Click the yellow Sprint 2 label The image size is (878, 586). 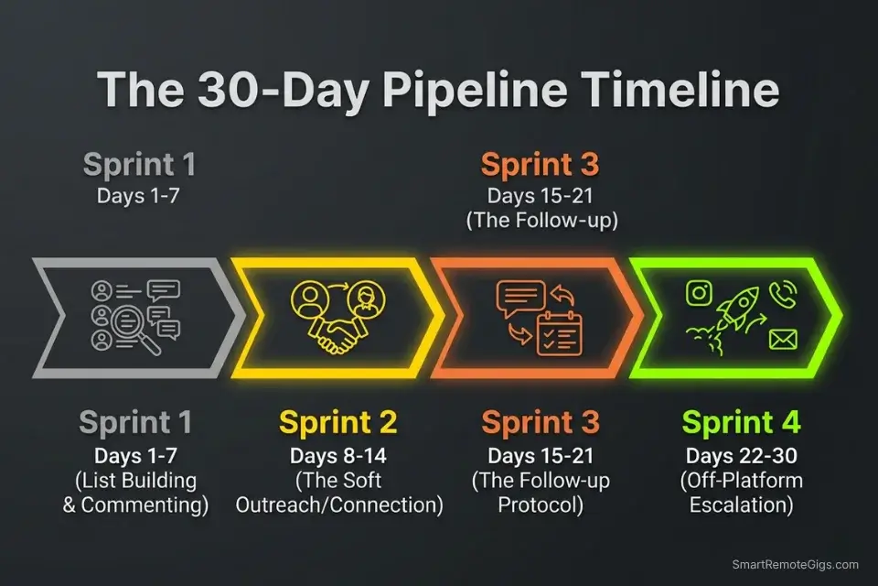[x=338, y=423]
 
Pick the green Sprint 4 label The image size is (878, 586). [x=741, y=423]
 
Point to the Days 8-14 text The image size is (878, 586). [x=338, y=456]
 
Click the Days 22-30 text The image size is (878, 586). [x=741, y=456]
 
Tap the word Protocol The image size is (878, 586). [x=541, y=504]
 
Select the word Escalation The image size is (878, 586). [x=742, y=504]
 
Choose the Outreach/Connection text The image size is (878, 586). [x=339, y=504]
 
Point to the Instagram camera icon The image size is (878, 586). [x=699, y=293]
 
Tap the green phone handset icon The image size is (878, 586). [x=783, y=293]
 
